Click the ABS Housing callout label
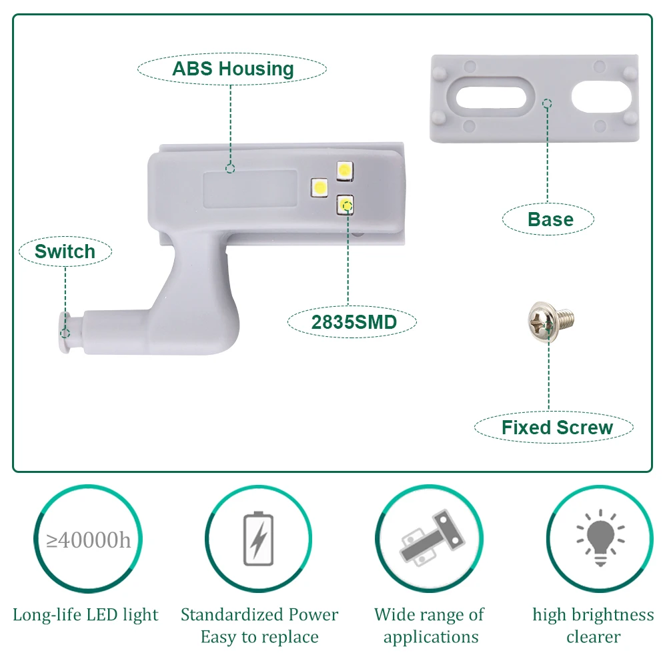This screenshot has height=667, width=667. (x=232, y=69)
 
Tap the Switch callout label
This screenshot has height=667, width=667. (x=65, y=251)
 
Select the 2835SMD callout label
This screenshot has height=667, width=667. (x=354, y=322)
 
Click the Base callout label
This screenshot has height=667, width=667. (x=550, y=219)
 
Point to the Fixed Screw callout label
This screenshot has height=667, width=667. (x=556, y=428)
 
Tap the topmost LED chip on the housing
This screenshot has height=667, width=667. (x=345, y=170)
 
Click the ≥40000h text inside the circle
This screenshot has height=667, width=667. (x=89, y=539)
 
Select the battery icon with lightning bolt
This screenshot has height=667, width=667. (x=257, y=539)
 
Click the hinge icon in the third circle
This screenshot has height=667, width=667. (x=430, y=539)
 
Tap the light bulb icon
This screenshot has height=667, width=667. (x=600, y=538)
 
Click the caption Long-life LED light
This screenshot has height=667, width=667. (x=86, y=614)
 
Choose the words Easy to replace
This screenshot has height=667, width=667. (x=259, y=637)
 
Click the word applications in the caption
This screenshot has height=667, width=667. (x=431, y=637)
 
